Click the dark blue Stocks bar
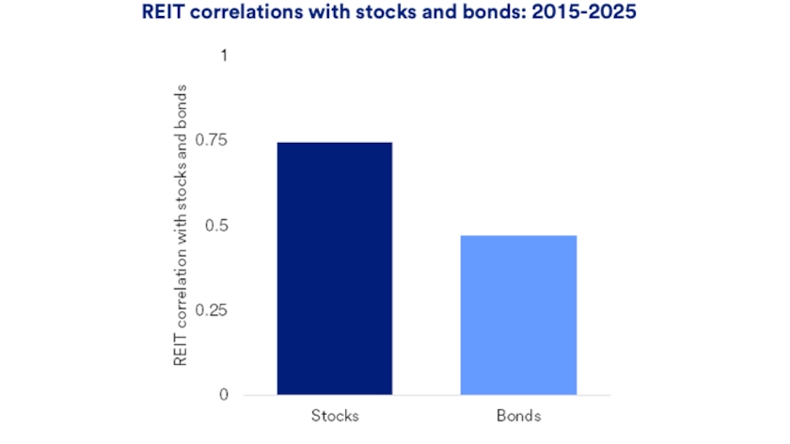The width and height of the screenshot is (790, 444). [x=334, y=268]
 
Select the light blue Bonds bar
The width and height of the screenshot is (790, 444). [x=518, y=315]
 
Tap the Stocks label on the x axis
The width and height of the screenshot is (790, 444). [x=334, y=415]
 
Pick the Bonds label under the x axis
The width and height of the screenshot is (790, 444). [x=518, y=415]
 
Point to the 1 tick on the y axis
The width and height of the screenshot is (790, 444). [x=224, y=55]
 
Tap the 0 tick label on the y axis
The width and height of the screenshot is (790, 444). [x=223, y=395]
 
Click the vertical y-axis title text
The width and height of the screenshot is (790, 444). [x=181, y=226]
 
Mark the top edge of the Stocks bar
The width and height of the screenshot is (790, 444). [x=334, y=143]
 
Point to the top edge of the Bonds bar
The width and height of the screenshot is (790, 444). [x=518, y=236]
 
